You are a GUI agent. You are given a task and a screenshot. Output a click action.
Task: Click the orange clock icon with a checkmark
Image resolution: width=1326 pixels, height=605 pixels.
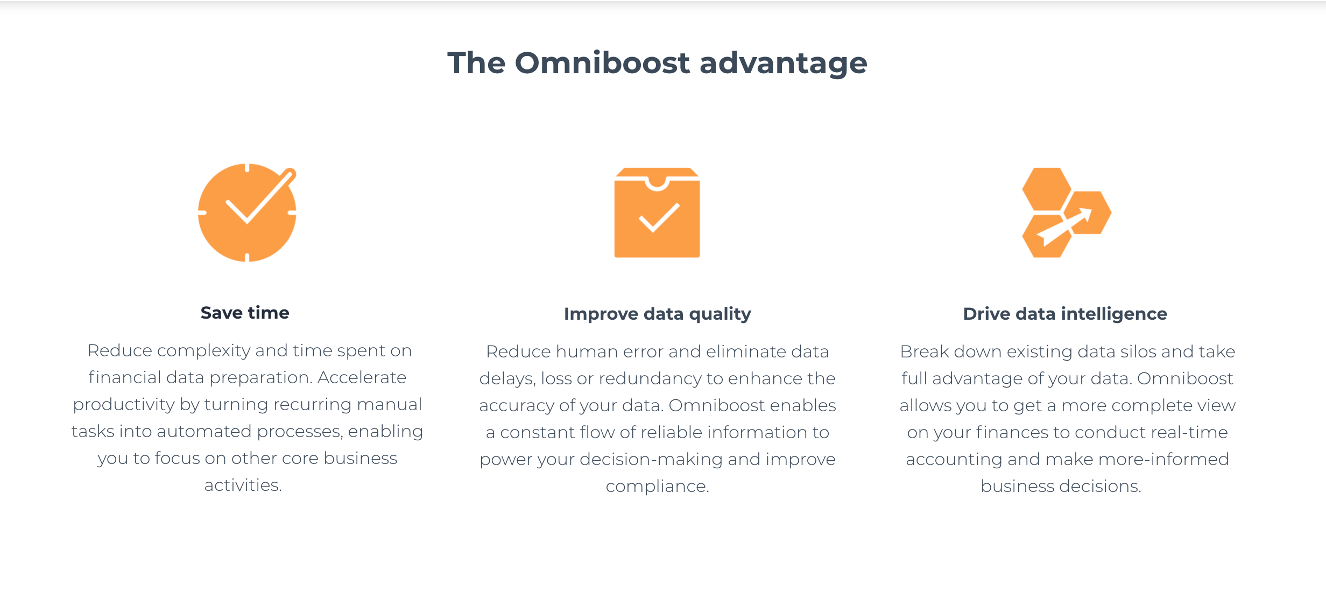(x=247, y=213)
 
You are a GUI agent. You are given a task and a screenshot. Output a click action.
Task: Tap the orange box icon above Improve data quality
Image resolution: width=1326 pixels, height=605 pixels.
(x=657, y=213)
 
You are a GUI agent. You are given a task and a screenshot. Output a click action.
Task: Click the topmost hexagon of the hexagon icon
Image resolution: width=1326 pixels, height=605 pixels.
(x=1046, y=189)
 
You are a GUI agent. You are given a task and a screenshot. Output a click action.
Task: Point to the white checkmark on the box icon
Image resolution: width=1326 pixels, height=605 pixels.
(x=659, y=217)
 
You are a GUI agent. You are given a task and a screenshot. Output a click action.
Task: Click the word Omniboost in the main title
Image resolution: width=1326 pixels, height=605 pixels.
(x=602, y=63)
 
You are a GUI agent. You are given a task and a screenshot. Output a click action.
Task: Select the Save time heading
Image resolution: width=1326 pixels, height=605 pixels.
(x=245, y=313)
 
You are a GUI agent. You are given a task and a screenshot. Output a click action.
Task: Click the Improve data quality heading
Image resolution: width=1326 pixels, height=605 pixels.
(x=657, y=314)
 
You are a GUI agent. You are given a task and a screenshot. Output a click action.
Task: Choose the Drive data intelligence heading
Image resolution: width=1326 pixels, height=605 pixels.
(x=1065, y=314)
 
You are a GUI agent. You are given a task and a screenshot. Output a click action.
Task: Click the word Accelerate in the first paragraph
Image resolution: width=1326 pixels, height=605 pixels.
(x=362, y=377)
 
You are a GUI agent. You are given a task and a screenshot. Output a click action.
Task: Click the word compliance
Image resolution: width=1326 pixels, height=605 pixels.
(x=657, y=487)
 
